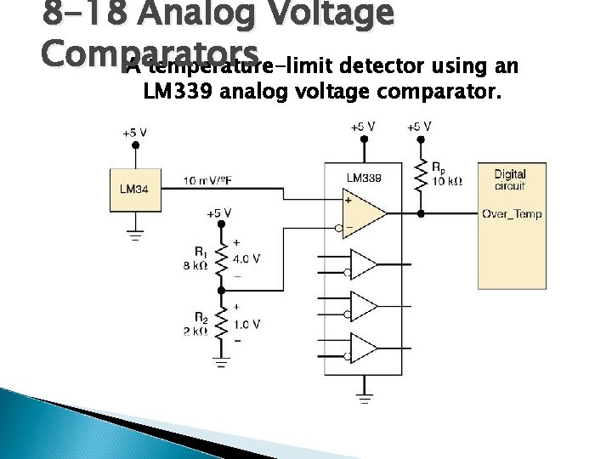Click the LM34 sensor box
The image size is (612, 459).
point(134,188)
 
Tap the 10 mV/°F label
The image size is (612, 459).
point(212,180)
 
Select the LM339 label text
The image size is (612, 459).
point(363,178)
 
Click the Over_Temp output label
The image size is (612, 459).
point(512,213)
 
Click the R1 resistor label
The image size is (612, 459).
point(201,252)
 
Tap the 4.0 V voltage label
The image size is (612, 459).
point(246,258)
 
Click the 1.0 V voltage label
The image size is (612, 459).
point(246,324)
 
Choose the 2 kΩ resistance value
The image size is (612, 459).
point(195,331)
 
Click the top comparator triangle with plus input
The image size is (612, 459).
point(364,213)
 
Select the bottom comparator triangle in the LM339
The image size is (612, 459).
point(364,348)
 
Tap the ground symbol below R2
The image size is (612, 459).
point(221,364)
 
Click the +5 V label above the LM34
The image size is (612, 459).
point(134,133)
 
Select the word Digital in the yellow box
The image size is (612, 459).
point(510,174)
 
